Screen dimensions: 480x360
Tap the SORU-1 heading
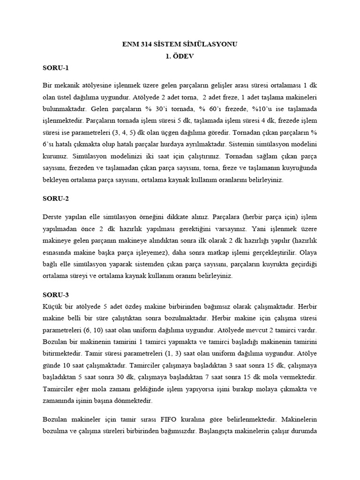click(55, 68)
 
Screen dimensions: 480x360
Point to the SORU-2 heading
click(55, 198)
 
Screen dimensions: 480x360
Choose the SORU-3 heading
click(55, 295)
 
